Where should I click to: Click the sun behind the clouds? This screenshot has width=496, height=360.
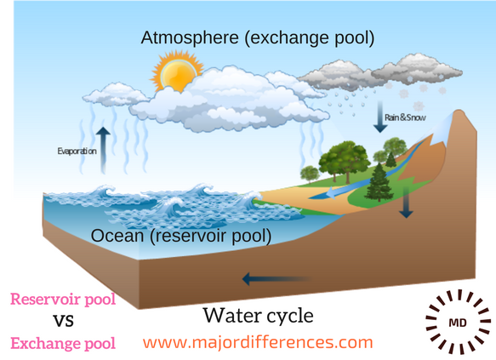177,72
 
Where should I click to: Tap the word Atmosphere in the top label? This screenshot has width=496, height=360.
190,37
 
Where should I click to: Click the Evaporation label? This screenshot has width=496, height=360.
77,151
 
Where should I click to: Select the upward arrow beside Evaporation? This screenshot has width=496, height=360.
103,150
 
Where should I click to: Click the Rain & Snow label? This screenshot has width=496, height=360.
405,117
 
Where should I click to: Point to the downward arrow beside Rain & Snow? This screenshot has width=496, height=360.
380,117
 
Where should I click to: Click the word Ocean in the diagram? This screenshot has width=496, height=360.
117,236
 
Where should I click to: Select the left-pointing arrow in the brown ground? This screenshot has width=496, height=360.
277,279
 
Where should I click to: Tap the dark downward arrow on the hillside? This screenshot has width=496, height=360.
406,203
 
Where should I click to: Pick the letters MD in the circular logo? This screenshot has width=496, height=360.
458,323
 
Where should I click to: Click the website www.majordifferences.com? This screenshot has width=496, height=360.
258,343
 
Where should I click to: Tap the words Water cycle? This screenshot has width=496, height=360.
259,316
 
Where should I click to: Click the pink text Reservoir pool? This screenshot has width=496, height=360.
63,299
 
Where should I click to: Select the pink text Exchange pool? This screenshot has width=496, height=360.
63,344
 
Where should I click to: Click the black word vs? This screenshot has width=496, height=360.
64,321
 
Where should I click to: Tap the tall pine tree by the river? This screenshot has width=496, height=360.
379,182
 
